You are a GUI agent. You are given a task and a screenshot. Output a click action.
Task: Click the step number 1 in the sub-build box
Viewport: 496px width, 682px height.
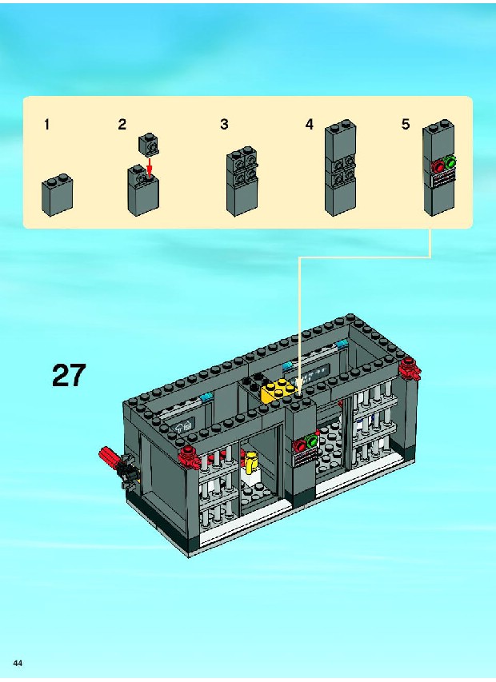[46, 125]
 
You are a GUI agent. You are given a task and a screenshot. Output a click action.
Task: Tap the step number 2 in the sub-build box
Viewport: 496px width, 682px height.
[122, 125]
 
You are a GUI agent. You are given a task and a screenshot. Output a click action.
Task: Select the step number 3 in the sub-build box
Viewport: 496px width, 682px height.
[224, 125]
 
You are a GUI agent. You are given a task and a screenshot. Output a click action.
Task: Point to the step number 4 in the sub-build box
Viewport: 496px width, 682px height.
[309, 125]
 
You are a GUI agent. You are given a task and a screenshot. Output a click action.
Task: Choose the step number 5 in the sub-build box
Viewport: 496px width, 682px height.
[406, 125]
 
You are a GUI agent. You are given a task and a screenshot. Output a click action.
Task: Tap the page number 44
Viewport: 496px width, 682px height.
[18, 663]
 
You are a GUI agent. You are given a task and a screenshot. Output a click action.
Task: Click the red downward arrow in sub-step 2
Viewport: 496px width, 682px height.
[150, 167]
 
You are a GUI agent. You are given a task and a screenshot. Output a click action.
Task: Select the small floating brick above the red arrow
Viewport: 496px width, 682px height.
[148, 145]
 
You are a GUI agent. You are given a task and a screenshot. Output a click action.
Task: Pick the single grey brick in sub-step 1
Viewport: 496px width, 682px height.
[57, 195]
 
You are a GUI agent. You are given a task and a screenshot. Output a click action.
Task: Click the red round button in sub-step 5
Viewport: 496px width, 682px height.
[438, 166]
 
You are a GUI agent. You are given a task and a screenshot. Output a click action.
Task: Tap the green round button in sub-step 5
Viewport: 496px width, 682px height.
[450, 163]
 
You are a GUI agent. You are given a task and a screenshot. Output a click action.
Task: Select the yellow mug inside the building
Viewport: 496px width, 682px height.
[250, 462]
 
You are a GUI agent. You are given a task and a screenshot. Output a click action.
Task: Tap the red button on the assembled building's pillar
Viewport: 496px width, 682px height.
[301, 446]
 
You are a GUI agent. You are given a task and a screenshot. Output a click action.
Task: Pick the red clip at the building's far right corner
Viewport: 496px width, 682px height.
[410, 369]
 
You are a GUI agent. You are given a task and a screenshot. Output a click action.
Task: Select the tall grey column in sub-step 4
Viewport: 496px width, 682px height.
[341, 168]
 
